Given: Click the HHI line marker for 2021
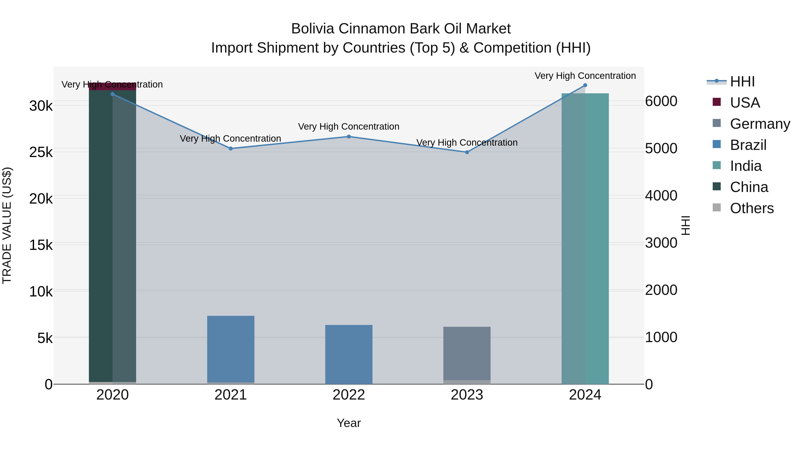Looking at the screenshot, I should tap(231, 149).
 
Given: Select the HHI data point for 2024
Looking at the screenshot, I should tap(585, 85).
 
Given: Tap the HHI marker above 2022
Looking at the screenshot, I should tap(349, 137).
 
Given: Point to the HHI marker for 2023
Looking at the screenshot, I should tap(467, 152).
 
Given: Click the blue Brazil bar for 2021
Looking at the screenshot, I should tap(231, 349).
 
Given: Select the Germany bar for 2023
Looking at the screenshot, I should tap(467, 353).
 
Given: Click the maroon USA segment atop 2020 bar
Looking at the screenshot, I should tap(113, 87).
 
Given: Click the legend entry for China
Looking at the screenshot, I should tap(749, 187).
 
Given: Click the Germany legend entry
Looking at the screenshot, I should tap(759, 124).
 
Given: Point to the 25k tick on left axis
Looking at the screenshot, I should tap(41, 152).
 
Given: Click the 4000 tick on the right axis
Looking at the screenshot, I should tap(661, 196).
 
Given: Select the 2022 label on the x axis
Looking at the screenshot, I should tap(349, 395).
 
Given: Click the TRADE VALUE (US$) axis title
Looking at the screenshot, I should tap(7, 225).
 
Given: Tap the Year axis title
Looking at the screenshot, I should tap(349, 423).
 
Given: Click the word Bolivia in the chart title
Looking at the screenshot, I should tap(313, 29).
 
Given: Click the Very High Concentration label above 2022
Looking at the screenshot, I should tap(349, 127).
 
